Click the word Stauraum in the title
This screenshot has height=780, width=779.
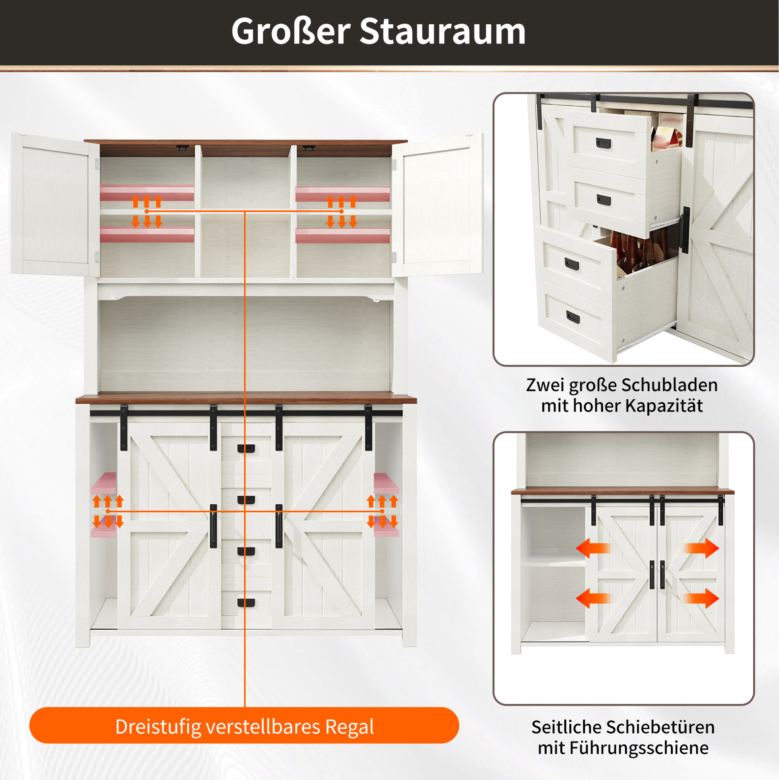coord(442,31)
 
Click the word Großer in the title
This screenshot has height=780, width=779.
coord(291,31)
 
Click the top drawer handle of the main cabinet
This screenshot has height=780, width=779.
coord(246,449)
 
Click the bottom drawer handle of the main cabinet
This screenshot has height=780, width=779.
coord(246,603)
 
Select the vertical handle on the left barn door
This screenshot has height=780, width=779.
coord(213,526)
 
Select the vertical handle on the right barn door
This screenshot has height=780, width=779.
coord(279,526)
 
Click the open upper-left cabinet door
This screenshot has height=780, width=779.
coord(54,204)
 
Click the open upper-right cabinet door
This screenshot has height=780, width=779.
coord(437,205)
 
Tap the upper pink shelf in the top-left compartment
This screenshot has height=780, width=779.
coord(147,193)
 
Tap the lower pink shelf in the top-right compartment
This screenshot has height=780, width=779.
coord(342,236)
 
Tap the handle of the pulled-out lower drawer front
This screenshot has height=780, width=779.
coord(572,265)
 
